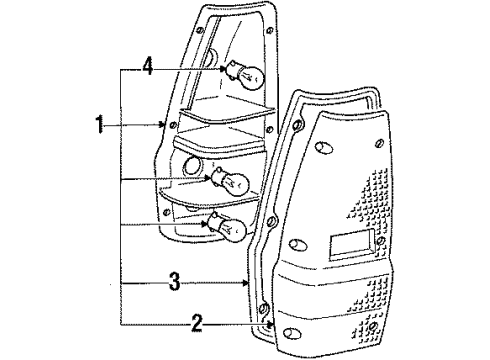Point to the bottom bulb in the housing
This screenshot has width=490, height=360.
click(x=228, y=229)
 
